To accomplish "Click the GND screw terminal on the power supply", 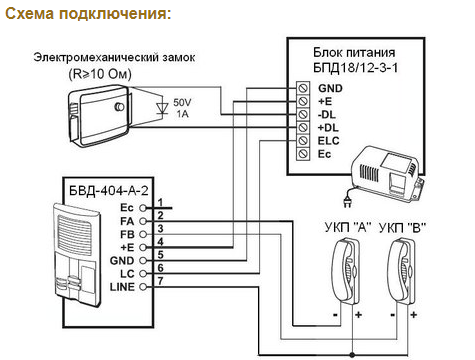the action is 302,88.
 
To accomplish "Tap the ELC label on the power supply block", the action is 328,141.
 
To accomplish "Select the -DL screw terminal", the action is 302,114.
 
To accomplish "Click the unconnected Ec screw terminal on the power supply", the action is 302,154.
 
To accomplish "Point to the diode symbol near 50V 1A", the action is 162,108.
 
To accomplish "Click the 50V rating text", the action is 182,102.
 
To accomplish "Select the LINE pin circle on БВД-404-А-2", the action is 143,287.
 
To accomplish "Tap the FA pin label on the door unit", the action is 127,221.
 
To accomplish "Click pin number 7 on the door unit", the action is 160,281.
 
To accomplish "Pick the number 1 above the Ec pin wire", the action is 160,202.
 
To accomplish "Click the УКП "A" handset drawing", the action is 346,271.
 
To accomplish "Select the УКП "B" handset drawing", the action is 402,271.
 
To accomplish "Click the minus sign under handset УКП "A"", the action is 335,315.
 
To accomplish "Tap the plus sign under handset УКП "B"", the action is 414,315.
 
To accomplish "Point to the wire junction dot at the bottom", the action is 352,354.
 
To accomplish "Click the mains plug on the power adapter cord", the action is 347,202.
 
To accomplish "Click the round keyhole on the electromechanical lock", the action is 119,107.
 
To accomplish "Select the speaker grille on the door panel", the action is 74,234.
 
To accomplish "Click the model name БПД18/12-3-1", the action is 355,68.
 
